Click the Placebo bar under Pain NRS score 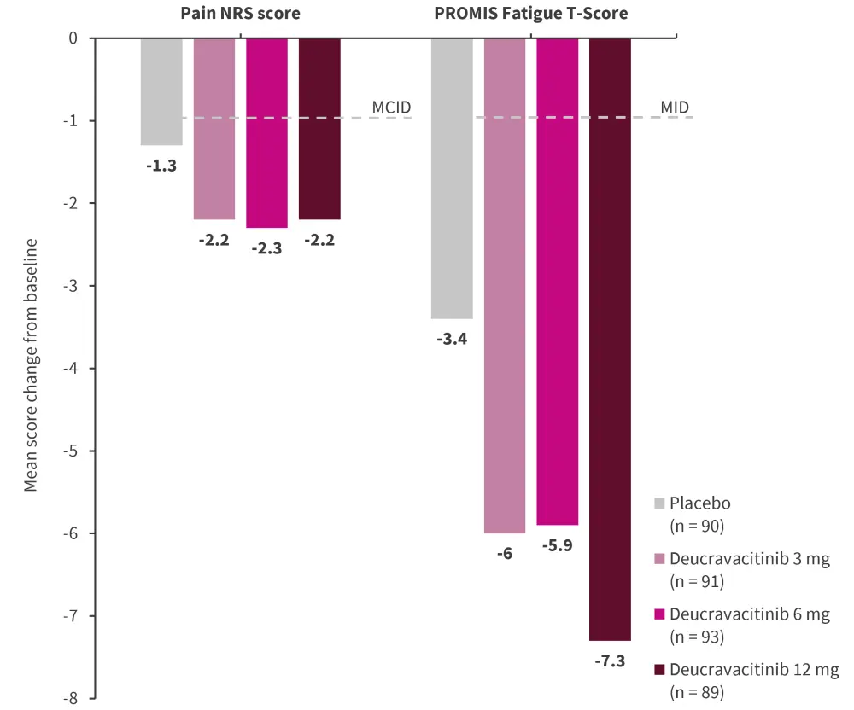[161, 91]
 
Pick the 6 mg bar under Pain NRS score [267, 132]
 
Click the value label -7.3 [611, 662]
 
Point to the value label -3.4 [452, 340]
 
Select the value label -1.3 [161, 166]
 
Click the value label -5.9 [558, 546]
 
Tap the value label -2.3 [267, 248]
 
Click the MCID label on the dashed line [391, 108]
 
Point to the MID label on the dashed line [675, 108]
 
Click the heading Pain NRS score [241, 15]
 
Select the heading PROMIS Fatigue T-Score [531, 15]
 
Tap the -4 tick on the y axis [72, 369]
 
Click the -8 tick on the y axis [72, 698]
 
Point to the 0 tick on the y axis [73, 38]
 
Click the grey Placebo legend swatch [659, 504]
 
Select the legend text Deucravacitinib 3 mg [750, 560]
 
